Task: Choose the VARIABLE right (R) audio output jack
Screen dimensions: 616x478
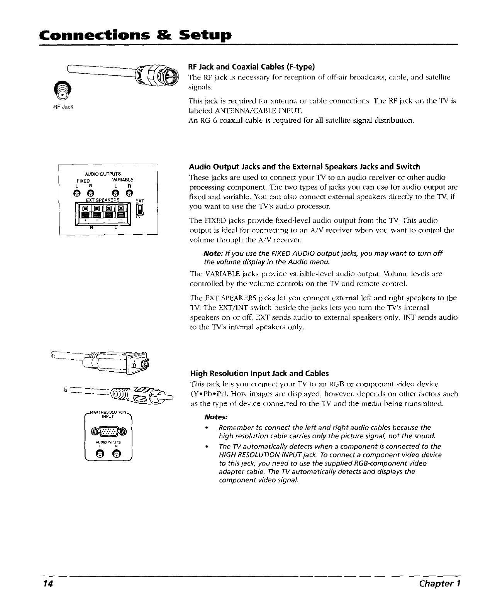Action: (x=130, y=193)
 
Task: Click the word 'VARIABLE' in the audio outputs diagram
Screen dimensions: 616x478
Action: (x=122, y=179)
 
